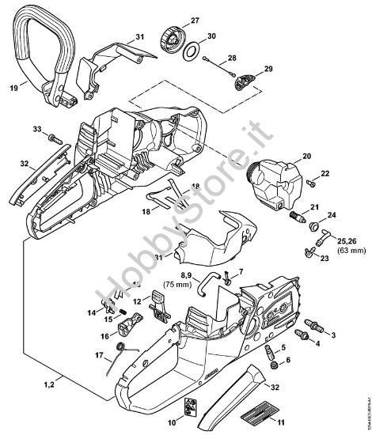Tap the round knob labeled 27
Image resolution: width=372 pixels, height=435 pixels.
click(172, 37)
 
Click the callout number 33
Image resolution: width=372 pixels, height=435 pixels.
click(36, 128)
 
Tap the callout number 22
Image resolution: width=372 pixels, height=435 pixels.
click(325, 172)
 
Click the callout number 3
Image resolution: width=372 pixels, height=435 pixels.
click(332, 336)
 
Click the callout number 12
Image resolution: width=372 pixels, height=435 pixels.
click(137, 301)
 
